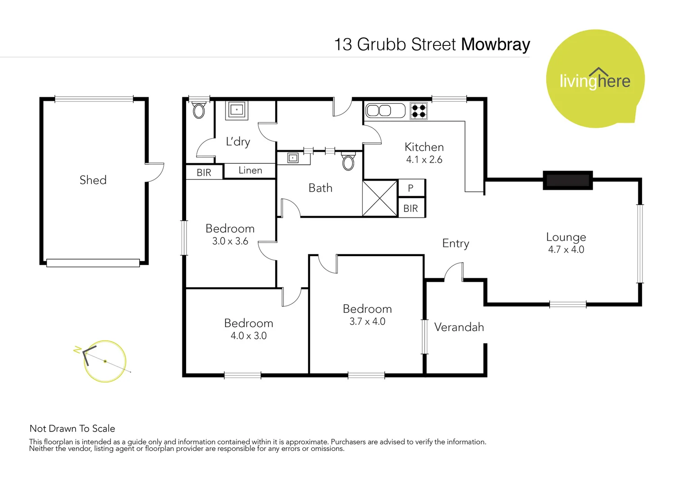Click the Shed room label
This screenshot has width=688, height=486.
[93, 180]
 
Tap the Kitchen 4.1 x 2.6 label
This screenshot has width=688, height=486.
[424, 153]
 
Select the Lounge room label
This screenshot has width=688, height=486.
[566, 237]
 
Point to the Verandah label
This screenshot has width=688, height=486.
[459, 327]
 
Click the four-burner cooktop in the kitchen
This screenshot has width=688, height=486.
[419, 111]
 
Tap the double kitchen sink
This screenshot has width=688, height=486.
[385, 110]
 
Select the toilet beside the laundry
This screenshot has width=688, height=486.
[199, 110]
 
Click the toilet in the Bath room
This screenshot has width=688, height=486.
[348, 162]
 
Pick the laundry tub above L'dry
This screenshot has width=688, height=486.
[237, 110]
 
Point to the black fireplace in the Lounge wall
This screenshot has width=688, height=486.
[568, 180]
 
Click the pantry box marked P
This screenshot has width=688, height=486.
[411, 188]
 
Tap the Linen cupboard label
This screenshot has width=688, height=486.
[250, 171]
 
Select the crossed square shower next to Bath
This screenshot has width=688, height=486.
[380, 198]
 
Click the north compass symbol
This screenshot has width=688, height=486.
[104, 361]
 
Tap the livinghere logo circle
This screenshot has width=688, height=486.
[595, 79]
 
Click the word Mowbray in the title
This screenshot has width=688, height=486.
[495, 45]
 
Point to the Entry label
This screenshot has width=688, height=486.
[456, 243]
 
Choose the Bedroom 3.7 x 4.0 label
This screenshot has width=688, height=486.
[367, 315]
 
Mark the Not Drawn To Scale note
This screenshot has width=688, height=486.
[72, 428]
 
